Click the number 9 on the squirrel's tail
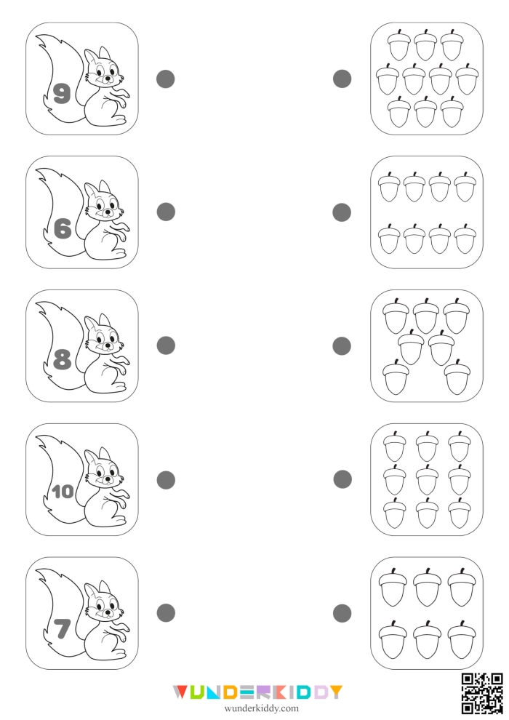(62, 93)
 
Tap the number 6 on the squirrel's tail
(63, 228)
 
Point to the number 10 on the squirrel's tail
(63, 492)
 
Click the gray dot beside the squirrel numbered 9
(166, 79)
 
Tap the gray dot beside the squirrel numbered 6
(167, 212)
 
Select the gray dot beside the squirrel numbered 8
(167, 345)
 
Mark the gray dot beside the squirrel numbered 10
(167, 479)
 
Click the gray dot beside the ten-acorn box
(342, 79)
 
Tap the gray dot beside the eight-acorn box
(342, 212)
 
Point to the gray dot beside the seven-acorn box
(342, 346)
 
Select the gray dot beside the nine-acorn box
(342, 479)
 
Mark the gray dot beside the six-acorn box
(342, 613)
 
